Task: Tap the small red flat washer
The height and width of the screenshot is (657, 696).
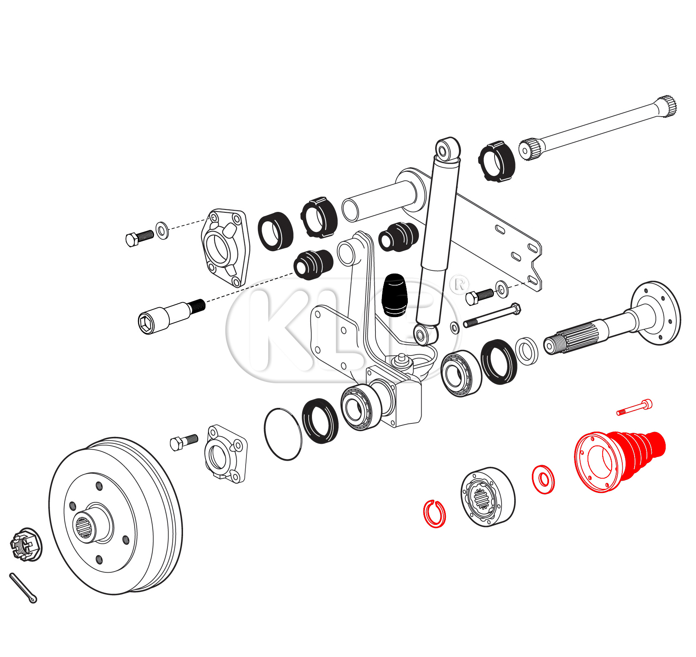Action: tap(543, 479)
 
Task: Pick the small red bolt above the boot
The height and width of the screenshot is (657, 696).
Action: tap(635, 407)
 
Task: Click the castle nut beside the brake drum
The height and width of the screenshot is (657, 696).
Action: tap(26, 544)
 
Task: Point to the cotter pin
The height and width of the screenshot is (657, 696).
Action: tap(23, 587)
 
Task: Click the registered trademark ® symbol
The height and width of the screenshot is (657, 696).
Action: tap(459, 284)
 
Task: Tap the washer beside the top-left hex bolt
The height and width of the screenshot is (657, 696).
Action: tap(162, 230)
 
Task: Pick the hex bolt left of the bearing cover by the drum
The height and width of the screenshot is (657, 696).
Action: tap(184, 442)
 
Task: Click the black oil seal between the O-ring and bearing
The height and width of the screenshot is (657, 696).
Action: tap(320, 421)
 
